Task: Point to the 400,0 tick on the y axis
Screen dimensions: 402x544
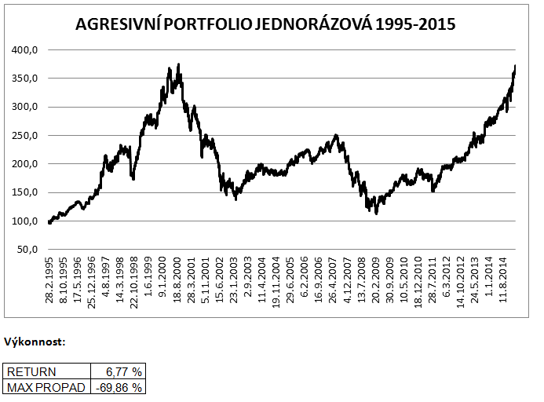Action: coord(27,50)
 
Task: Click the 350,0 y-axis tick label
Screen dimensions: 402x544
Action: coord(27,79)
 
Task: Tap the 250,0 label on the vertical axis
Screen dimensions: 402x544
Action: coord(27,136)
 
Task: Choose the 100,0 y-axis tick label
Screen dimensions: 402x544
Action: coord(27,221)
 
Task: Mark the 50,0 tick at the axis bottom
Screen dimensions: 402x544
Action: coord(29,250)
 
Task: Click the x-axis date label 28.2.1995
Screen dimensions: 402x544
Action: coord(49,281)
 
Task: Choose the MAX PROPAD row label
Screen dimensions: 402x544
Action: coord(41,386)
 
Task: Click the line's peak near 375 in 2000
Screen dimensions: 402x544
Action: coord(179,64)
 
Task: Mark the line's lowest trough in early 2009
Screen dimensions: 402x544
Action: coord(377,214)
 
